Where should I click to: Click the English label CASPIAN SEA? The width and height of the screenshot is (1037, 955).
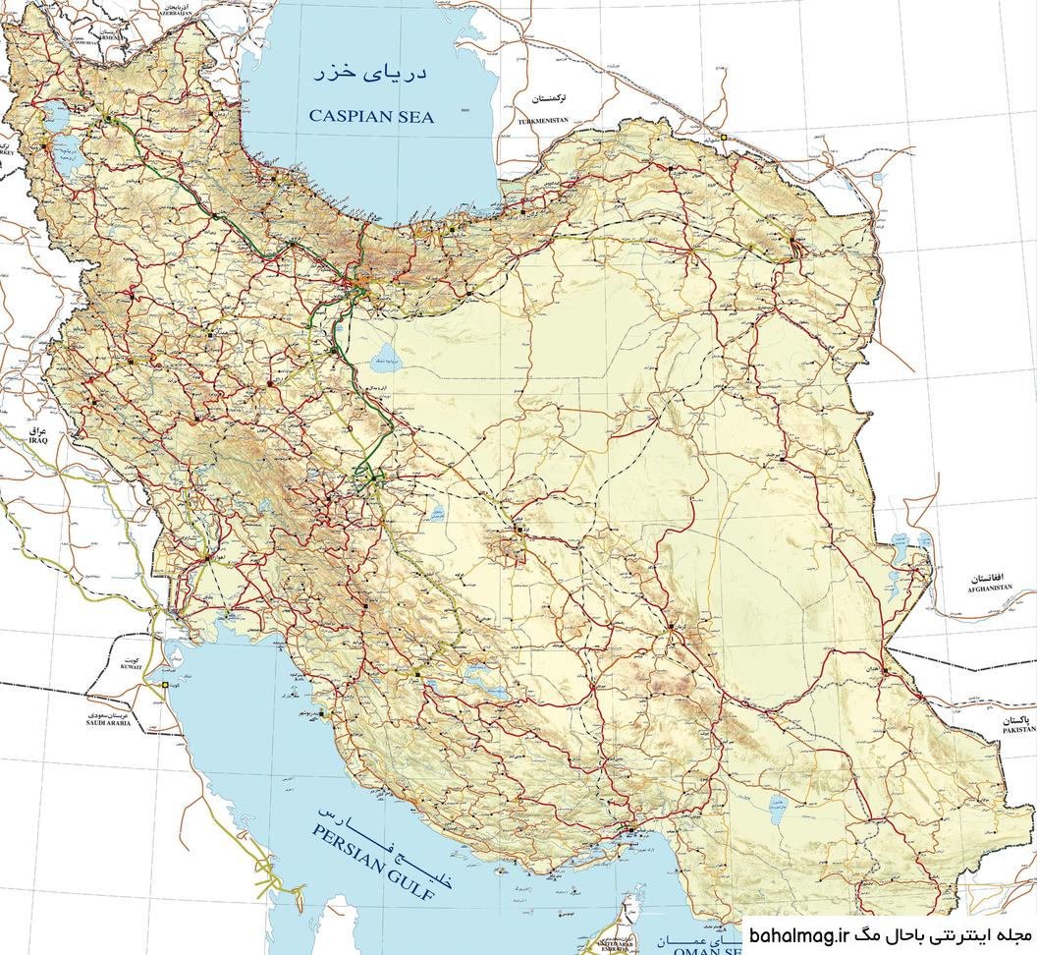(x=370, y=116)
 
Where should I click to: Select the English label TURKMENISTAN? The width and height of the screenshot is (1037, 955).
(x=538, y=120)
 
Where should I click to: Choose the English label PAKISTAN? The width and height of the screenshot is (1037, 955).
(x=1019, y=730)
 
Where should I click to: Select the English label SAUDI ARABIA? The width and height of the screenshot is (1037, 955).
(x=108, y=722)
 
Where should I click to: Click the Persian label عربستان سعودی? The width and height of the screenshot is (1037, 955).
(x=108, y=712)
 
